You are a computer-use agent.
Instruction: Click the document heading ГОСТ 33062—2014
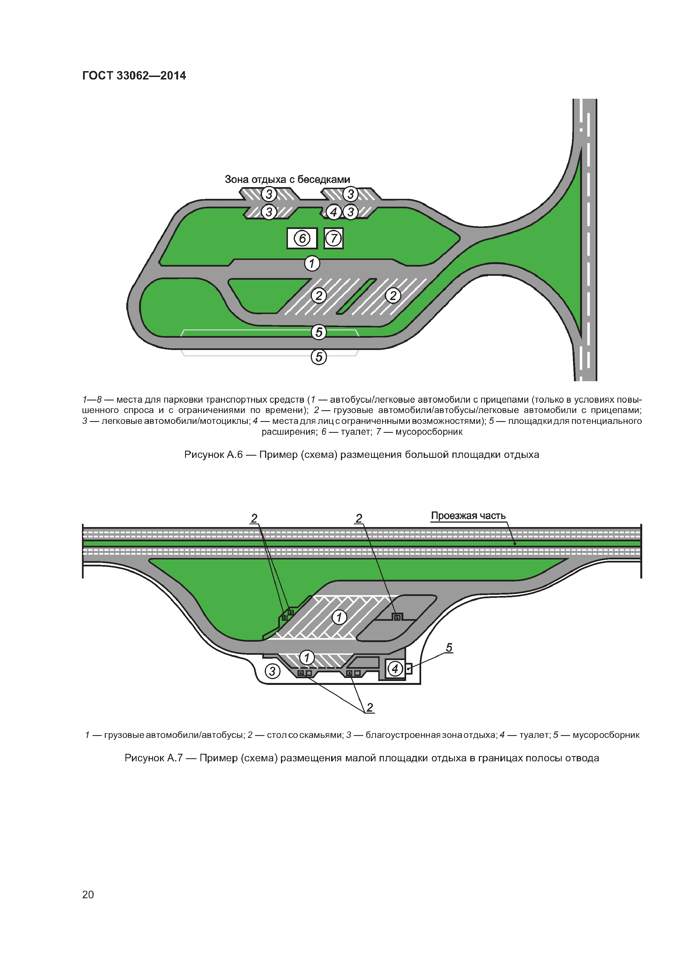tap(134, 76)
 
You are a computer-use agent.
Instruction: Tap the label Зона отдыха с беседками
tap(287, 179)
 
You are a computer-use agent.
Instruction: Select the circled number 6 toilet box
tap(302, 238)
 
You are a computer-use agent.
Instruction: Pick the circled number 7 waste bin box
tap(334, 238)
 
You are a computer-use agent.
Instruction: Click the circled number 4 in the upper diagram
tap(334, 212)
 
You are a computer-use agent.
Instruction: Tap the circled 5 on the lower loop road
tap(319, 332)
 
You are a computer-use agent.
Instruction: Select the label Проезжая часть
tap(468, 516)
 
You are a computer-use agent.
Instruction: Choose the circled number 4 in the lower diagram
tap(395, 669)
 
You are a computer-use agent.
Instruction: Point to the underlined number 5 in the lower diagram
tap(449, 648)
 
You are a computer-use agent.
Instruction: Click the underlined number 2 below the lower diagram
tap(370, 707)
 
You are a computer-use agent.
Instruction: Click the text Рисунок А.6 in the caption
tap(213, 455)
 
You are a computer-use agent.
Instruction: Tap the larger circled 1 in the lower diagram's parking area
tap(339, 617)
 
